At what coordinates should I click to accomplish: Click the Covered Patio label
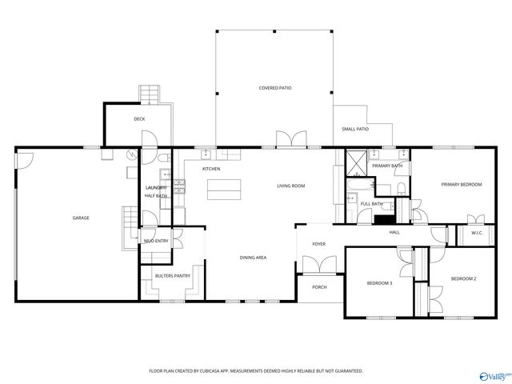274,87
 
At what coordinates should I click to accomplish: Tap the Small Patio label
355,129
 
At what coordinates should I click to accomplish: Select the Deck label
139,119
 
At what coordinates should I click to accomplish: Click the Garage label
81,218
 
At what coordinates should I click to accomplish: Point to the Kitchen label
211,169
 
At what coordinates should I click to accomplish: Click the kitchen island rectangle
224,190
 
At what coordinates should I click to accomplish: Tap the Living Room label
291,186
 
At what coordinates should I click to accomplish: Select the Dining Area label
253,258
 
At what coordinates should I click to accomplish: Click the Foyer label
318,245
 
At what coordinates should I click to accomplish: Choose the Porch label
319,287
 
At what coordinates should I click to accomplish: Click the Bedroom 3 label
379,283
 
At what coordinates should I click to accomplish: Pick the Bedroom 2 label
463,278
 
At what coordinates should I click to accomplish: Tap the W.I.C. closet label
477,234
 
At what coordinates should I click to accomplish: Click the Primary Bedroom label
462,185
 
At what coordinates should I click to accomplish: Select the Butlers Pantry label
172,276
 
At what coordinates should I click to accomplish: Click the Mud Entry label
155,241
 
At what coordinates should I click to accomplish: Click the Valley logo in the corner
494,374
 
